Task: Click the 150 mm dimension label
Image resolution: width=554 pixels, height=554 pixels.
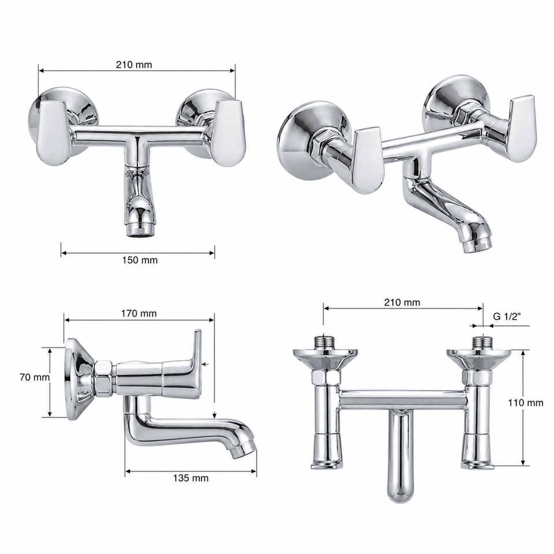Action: (x=140, y=260)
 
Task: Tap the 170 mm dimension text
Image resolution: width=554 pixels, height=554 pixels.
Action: (x=139, y=313)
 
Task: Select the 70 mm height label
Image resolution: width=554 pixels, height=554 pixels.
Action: (x=35, y=377)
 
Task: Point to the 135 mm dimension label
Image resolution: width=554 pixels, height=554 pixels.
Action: (x=191, y=478)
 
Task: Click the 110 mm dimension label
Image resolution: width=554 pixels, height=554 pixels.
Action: (x=525, y=403)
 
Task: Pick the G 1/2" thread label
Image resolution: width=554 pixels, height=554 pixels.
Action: (x=507, y=316)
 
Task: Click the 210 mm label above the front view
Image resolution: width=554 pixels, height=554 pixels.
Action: (x=134, y=65)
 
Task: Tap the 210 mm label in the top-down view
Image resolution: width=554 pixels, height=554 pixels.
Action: (x=402, y=302)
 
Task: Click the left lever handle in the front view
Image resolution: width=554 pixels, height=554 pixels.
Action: (x=52, y=133)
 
